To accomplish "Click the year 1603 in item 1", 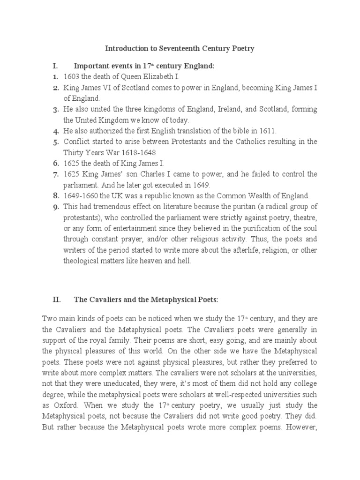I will (x=72, y=77).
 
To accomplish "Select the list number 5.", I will (x=55, y=142).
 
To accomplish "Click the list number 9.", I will (x=55, y=207).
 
